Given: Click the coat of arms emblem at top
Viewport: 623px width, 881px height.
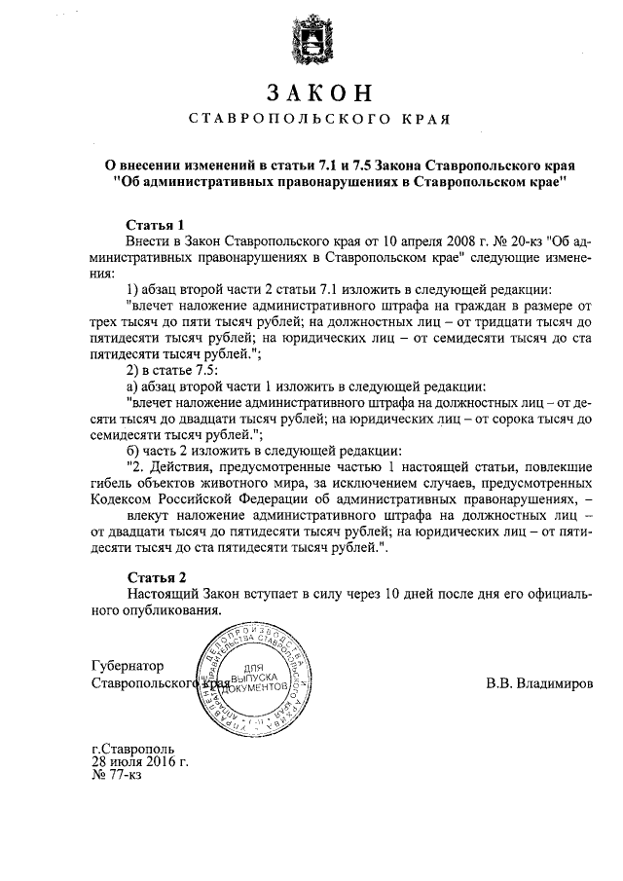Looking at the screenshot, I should (x=311, y=44).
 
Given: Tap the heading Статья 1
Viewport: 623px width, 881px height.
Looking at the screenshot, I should (x=155, y=223).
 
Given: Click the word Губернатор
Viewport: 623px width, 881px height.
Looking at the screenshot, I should (x=127, y=667).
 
